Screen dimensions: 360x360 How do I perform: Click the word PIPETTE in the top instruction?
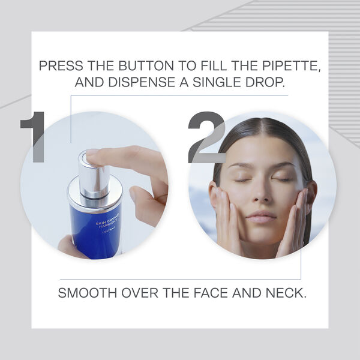[292, 66]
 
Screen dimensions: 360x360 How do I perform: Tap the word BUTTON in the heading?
[146, 66]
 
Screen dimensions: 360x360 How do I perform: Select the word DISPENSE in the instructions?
[142, 82]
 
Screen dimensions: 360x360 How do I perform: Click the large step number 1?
[32, 137]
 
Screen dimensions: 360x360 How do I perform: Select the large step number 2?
[206, 137]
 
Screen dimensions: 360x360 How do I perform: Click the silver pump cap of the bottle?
[94, 175]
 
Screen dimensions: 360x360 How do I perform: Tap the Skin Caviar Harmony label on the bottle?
[107, 223]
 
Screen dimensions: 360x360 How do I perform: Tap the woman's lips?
[261, 217]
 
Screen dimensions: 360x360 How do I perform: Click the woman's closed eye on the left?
[242, 180]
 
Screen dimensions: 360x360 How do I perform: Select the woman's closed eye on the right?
[284, 179]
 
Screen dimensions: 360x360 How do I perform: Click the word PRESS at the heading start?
[61, 66]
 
